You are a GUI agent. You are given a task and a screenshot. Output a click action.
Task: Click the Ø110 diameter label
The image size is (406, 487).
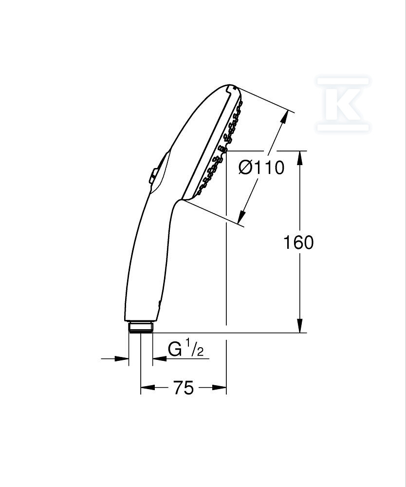[x=261, y=168]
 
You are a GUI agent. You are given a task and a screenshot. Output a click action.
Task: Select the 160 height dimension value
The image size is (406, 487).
[x=298, y=243]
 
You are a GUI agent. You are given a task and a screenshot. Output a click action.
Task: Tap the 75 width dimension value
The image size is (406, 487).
[x=184, y=388]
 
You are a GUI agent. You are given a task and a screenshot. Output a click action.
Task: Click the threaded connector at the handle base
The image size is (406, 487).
[x=141, y=327]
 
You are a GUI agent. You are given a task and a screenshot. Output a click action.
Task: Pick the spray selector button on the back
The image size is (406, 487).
[x=153, y=175]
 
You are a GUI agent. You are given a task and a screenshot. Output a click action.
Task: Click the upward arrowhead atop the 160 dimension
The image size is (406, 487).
[x=299, y=158]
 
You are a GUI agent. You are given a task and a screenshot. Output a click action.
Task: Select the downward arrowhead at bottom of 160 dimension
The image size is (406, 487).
[x=299, y=325]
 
